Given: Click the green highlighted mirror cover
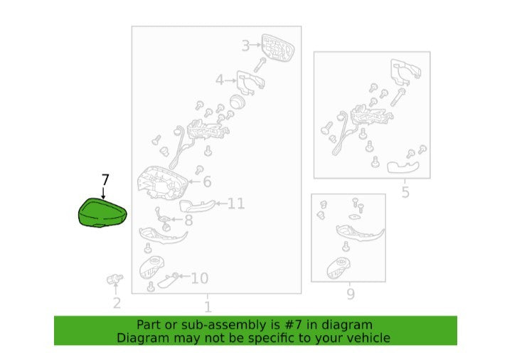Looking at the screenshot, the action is tap(102, 213).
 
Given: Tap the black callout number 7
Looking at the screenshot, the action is tap(105, 180).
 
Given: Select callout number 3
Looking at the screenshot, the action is tap(245, 46).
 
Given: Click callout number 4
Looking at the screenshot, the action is tap(220, 80).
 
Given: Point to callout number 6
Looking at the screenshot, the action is tap(207, 181).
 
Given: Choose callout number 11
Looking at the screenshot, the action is tap(236, 203).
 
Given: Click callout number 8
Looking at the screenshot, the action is tap(188, 221).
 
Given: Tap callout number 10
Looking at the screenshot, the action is tap(200, 278).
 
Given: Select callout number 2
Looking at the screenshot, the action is tap(117, 303).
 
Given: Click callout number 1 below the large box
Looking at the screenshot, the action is tap(208, 307).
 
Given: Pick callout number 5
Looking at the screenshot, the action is tap(405, 192).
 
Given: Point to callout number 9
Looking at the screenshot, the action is tap(351, 294).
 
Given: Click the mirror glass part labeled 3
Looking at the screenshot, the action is tap(277, 48).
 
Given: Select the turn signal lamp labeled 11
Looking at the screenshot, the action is tap(198, 206).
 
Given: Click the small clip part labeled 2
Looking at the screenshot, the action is tap(114, 280).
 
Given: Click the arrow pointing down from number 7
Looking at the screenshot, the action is tap(104, 193).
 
